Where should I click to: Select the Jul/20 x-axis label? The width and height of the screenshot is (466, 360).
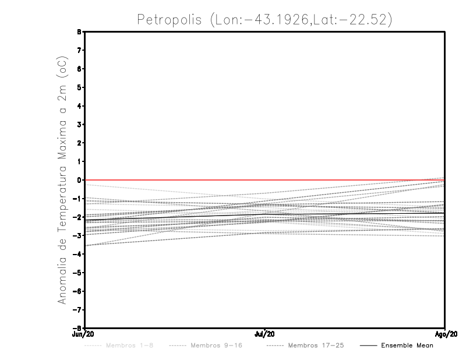point(265,334)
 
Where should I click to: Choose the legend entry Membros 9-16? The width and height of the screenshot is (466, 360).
point(216,345)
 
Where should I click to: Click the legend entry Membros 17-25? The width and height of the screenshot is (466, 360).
point(316,345)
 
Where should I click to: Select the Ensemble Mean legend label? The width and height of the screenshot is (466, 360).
point(407,345)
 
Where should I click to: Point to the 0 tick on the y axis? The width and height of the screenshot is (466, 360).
point(79,180)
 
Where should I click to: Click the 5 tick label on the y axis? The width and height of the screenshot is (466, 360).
point(79,87)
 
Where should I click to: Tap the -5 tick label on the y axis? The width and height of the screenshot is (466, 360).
point(77,273)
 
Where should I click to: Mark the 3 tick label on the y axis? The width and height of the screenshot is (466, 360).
point(79,125)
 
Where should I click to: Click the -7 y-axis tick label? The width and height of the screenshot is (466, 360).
point(77,309)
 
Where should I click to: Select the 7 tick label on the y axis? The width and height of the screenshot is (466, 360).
point(79,50)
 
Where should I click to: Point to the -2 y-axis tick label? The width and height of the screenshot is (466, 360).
point(77,217)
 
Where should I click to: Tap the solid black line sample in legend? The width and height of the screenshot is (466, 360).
point(368,345)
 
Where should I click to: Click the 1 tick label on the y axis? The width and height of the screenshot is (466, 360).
point(79,161)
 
